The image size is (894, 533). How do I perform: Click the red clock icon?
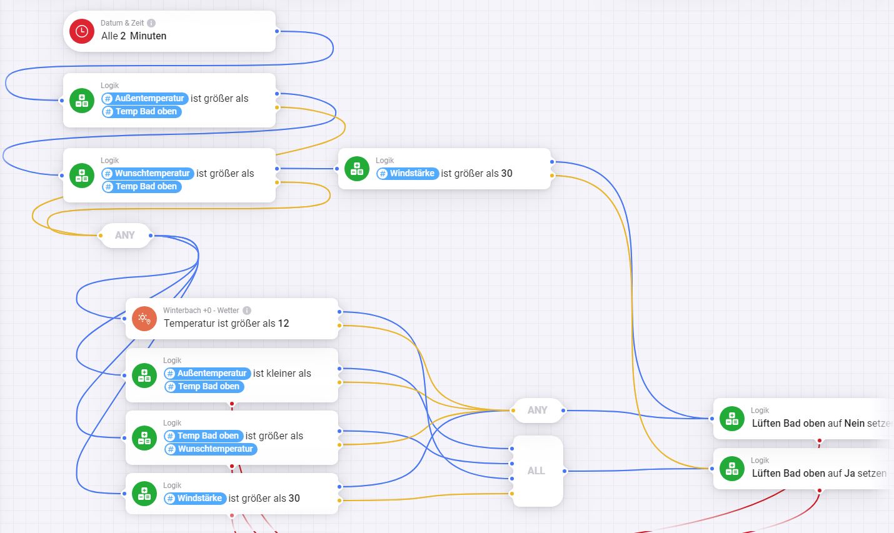82,31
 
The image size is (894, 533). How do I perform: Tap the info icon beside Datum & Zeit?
151,23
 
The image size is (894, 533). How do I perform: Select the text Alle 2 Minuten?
134,36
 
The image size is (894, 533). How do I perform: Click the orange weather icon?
144,319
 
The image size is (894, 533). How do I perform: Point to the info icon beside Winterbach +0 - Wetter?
247,311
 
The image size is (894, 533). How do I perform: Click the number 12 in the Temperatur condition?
283,324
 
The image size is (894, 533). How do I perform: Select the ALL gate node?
536,471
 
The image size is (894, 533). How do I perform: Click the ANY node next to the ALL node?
537,411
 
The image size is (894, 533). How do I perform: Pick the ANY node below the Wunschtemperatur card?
125,236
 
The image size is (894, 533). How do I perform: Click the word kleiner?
281,374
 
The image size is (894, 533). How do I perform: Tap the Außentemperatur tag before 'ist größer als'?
145,99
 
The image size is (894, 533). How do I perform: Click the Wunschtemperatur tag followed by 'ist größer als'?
148,174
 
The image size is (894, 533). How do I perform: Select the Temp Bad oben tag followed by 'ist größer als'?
203,436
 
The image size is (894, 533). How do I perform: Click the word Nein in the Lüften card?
854,424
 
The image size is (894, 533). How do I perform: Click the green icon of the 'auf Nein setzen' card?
732,419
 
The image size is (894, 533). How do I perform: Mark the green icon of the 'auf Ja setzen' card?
732,469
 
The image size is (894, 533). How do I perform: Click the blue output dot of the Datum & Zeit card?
277,31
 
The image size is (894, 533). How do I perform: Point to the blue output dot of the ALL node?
564,471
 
